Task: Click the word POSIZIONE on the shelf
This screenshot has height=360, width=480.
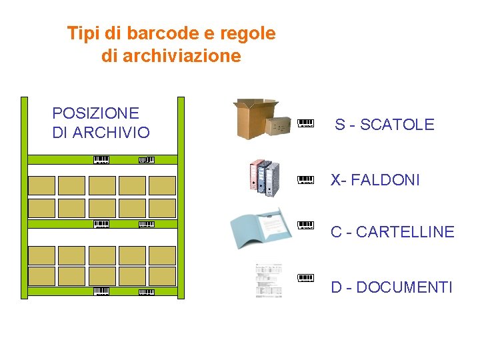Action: (95, 113)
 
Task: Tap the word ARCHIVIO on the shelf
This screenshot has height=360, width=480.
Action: (111, 133)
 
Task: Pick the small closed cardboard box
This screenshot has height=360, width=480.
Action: (279, 125)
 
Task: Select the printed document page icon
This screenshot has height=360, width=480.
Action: (269, 280)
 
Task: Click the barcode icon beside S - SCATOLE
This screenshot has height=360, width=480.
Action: (305, 123)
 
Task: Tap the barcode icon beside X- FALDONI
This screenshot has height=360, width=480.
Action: (305, 179)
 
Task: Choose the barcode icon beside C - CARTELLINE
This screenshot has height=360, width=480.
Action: (305, 225)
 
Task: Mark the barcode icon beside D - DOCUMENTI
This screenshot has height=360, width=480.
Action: (305, 277)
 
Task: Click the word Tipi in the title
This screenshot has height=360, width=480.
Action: (83, 33)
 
